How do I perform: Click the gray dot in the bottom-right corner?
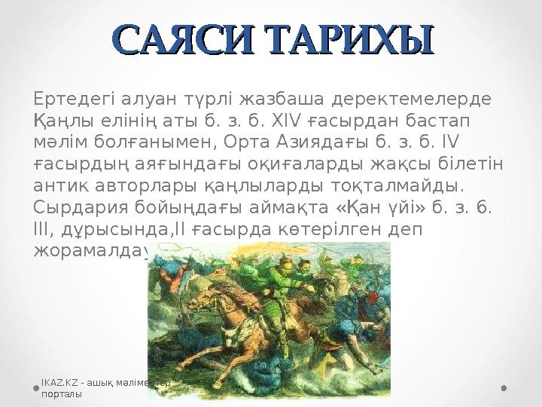504,389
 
